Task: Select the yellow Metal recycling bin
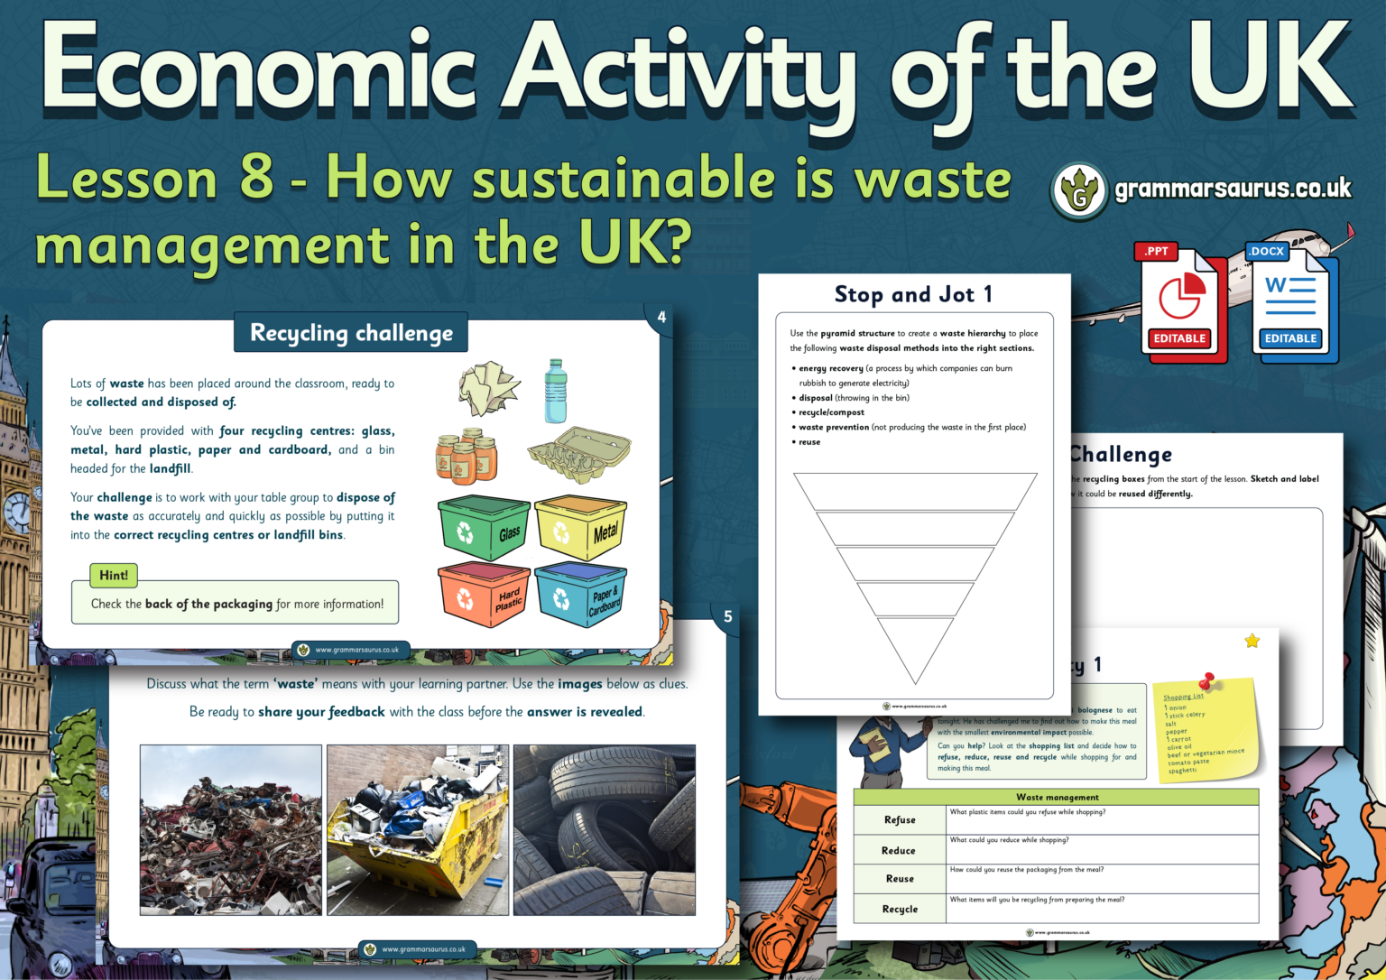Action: click(579, 528)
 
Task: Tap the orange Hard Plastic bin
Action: click(483, 595)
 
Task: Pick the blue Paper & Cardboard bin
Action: click(579, 595)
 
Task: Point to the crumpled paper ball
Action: click(488, 389)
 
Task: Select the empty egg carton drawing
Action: click(578, 454)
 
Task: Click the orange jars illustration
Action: click(466, 456)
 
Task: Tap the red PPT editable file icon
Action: click(1179, 302)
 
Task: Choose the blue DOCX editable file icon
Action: click(1290, 302)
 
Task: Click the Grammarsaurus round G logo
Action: click(1078, 191)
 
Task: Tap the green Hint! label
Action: click(114, 575)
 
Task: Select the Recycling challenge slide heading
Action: click(351, 333)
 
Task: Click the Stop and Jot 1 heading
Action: click(913, 294)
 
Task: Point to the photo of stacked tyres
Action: click(604, 829)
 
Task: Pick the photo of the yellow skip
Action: click(418, 829)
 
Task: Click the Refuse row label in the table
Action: click(900, 819)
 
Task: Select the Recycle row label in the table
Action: click(900, 909)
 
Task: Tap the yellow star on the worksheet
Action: click(1252, 641)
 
